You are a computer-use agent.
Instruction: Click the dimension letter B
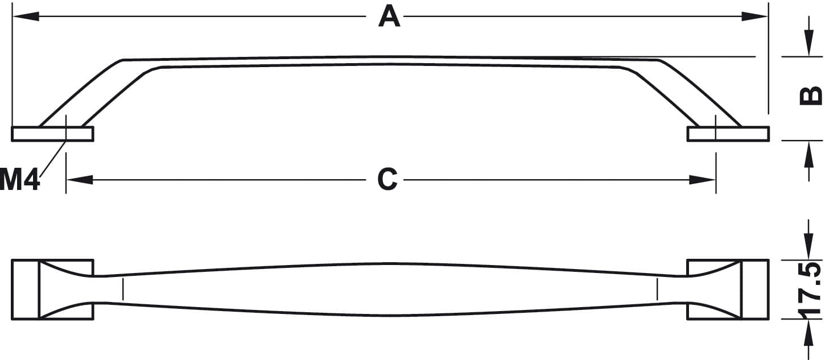tap(811, 96)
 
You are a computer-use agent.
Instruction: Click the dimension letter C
tap(387, 179)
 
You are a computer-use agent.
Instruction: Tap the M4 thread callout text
tap(19, 179)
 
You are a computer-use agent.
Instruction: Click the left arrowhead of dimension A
tap(26, 16)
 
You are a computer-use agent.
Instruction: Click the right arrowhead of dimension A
tap(754, 16)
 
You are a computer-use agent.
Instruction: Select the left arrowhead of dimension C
tap(80, 180)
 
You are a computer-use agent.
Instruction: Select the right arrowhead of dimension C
tap(702, 180)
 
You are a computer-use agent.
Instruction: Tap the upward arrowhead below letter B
tap(808, 154)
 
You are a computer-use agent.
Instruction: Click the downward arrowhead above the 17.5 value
tap(808, 247)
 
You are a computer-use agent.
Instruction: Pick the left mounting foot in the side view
tap(53, 134)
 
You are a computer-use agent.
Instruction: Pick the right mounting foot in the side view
tap(728, 134)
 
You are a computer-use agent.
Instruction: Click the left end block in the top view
tap(53, 289)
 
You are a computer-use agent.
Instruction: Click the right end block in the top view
tap(728, 289)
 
